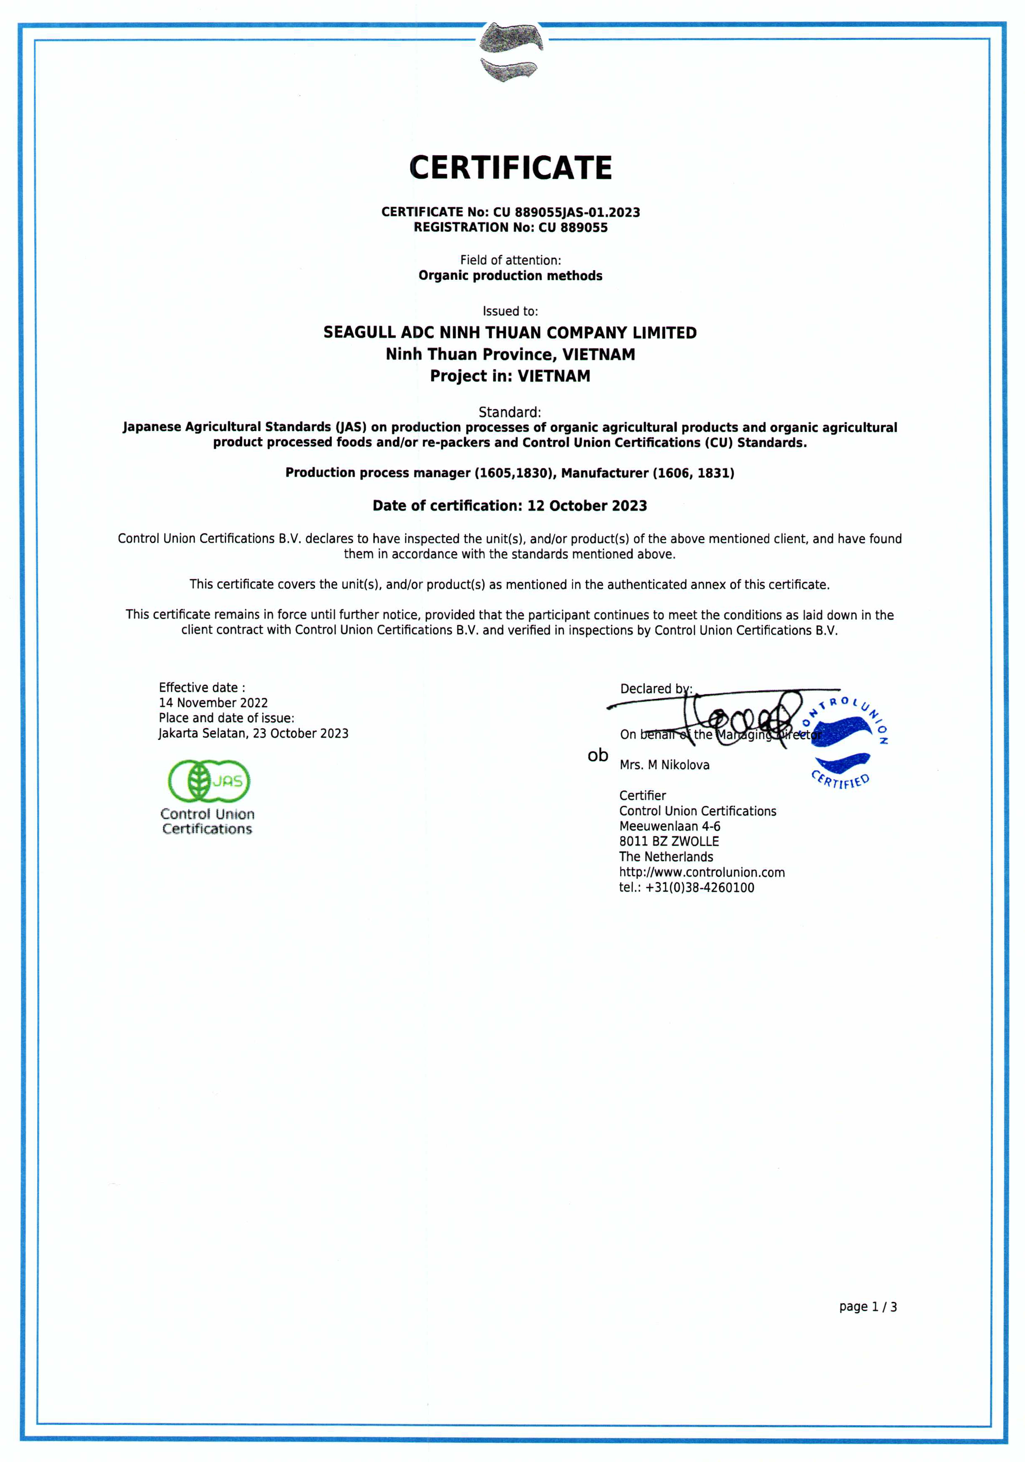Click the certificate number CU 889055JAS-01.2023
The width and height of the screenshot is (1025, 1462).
tap(566, 212)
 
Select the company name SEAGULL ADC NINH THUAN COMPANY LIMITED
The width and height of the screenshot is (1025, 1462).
tap(510, 332)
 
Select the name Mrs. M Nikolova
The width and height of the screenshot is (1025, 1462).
tap(664, 765)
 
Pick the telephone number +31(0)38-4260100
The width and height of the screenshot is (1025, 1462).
tap(700, 888)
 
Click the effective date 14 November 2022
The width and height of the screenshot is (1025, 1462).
tap(213, 703)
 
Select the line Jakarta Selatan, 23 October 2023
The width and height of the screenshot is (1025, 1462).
tap(254, 734)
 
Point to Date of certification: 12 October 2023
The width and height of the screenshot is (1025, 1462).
tap(510, 506)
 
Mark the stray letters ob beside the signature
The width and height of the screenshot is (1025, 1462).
tap(597, 755)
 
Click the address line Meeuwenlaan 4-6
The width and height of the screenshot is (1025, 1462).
tap(669, 826)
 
